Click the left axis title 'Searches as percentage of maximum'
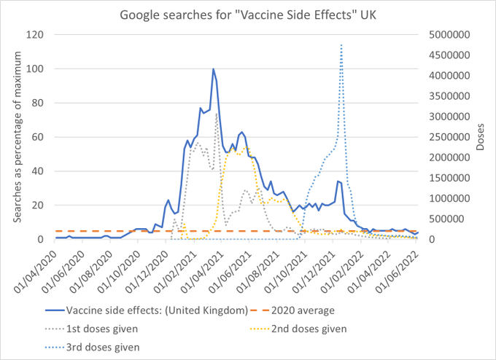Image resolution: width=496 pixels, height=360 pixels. point(15,137)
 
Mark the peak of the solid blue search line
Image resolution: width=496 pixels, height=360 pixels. point(213,69)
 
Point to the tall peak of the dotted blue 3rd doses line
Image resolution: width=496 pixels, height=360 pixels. point(341,44)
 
